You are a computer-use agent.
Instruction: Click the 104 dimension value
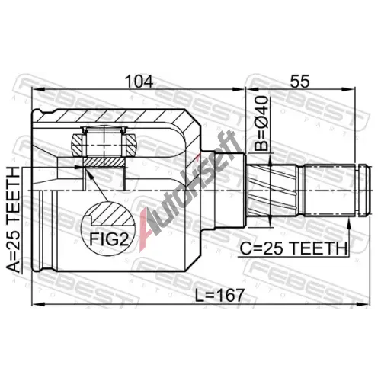[x=139, y=82]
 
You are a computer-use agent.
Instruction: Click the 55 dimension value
[x=300, y=82]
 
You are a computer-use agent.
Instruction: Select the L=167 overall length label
[x=219, y=296]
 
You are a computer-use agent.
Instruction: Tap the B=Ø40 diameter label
[x=261, y=123]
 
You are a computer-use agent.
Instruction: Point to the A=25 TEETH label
[x=13, y=220]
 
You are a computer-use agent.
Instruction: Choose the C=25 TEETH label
[x=293, y=248]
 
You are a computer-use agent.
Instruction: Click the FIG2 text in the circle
[x=109, y=239]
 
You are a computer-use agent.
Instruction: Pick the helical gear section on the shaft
[x=272, y=190]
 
